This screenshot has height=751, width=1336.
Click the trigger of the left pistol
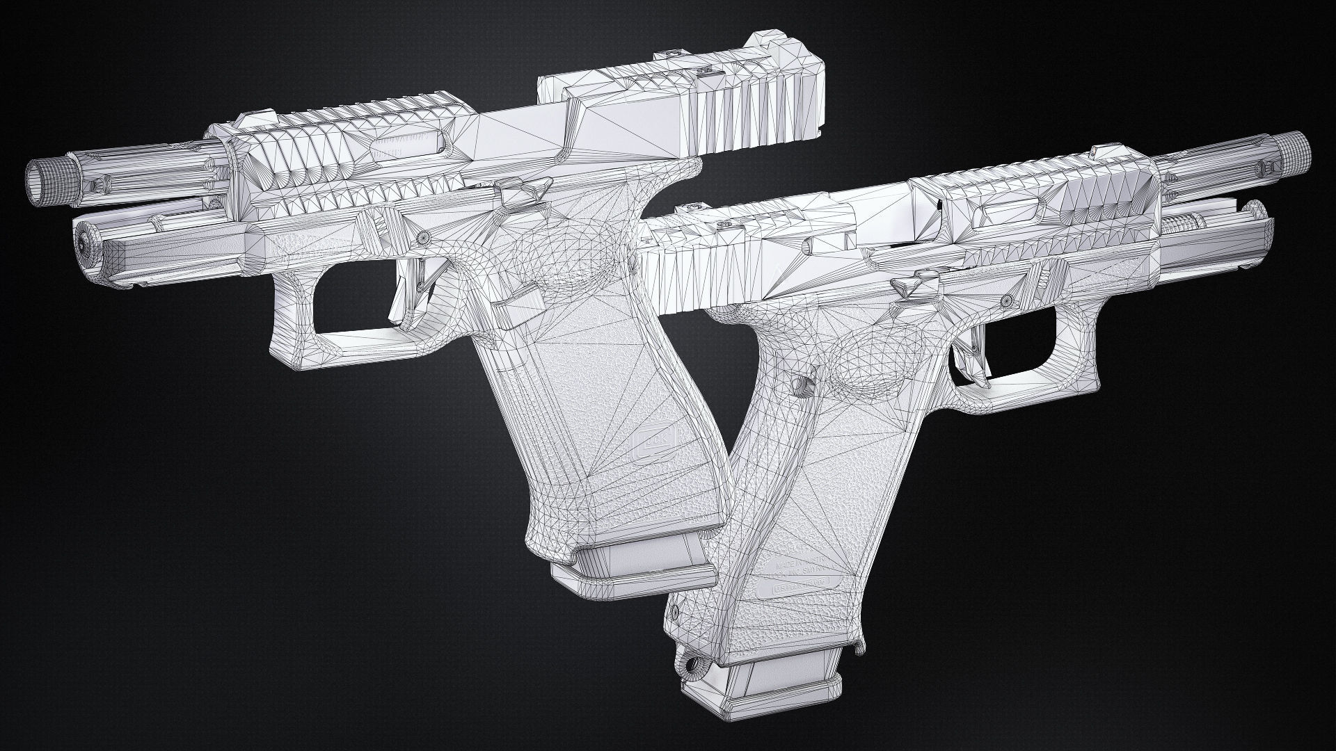point(402,296)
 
